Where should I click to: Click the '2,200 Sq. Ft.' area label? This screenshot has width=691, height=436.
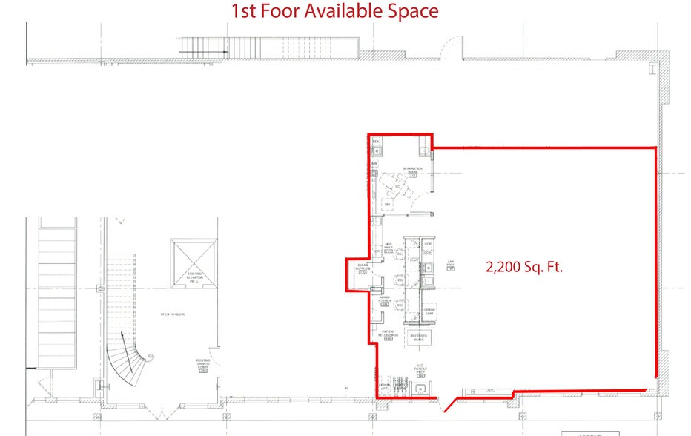click(x=524, y=268)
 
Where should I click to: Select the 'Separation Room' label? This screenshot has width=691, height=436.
click(x=413, y=171)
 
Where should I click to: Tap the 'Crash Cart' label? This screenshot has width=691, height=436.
click(x=429, y=311)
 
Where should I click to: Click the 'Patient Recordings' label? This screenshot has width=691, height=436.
click(x=389, y=334)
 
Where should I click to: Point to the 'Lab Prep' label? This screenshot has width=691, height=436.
click(x=450, y=263)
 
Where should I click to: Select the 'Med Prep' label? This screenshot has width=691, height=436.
click(x=388, y=247)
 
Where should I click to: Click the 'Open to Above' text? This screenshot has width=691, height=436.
click(x=172, y=314)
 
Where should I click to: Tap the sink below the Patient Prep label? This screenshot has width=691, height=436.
click(x=421, y=384)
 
